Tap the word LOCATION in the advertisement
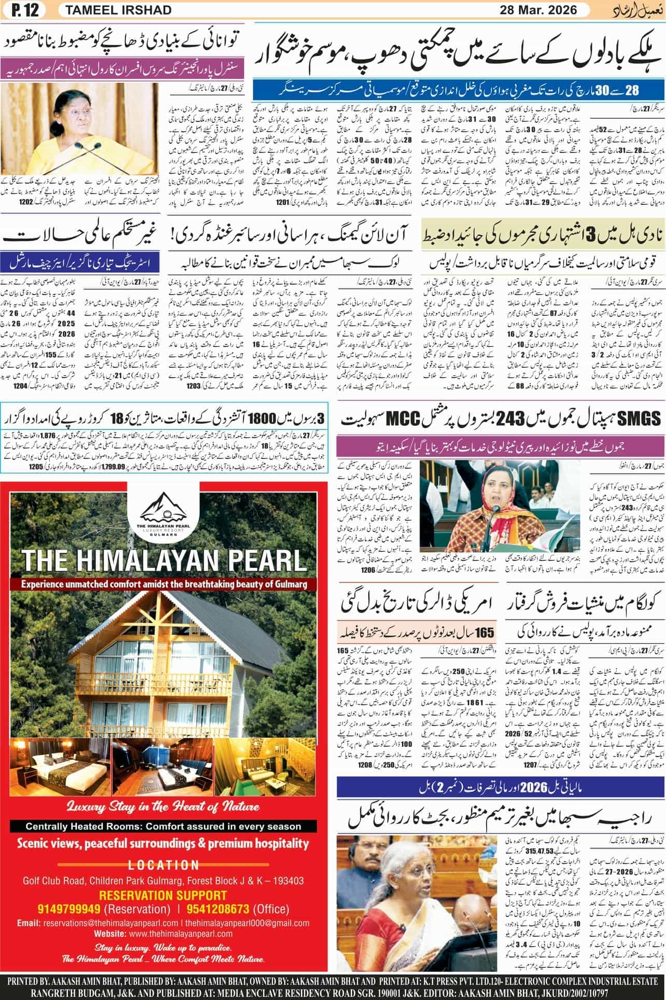[163, 865]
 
